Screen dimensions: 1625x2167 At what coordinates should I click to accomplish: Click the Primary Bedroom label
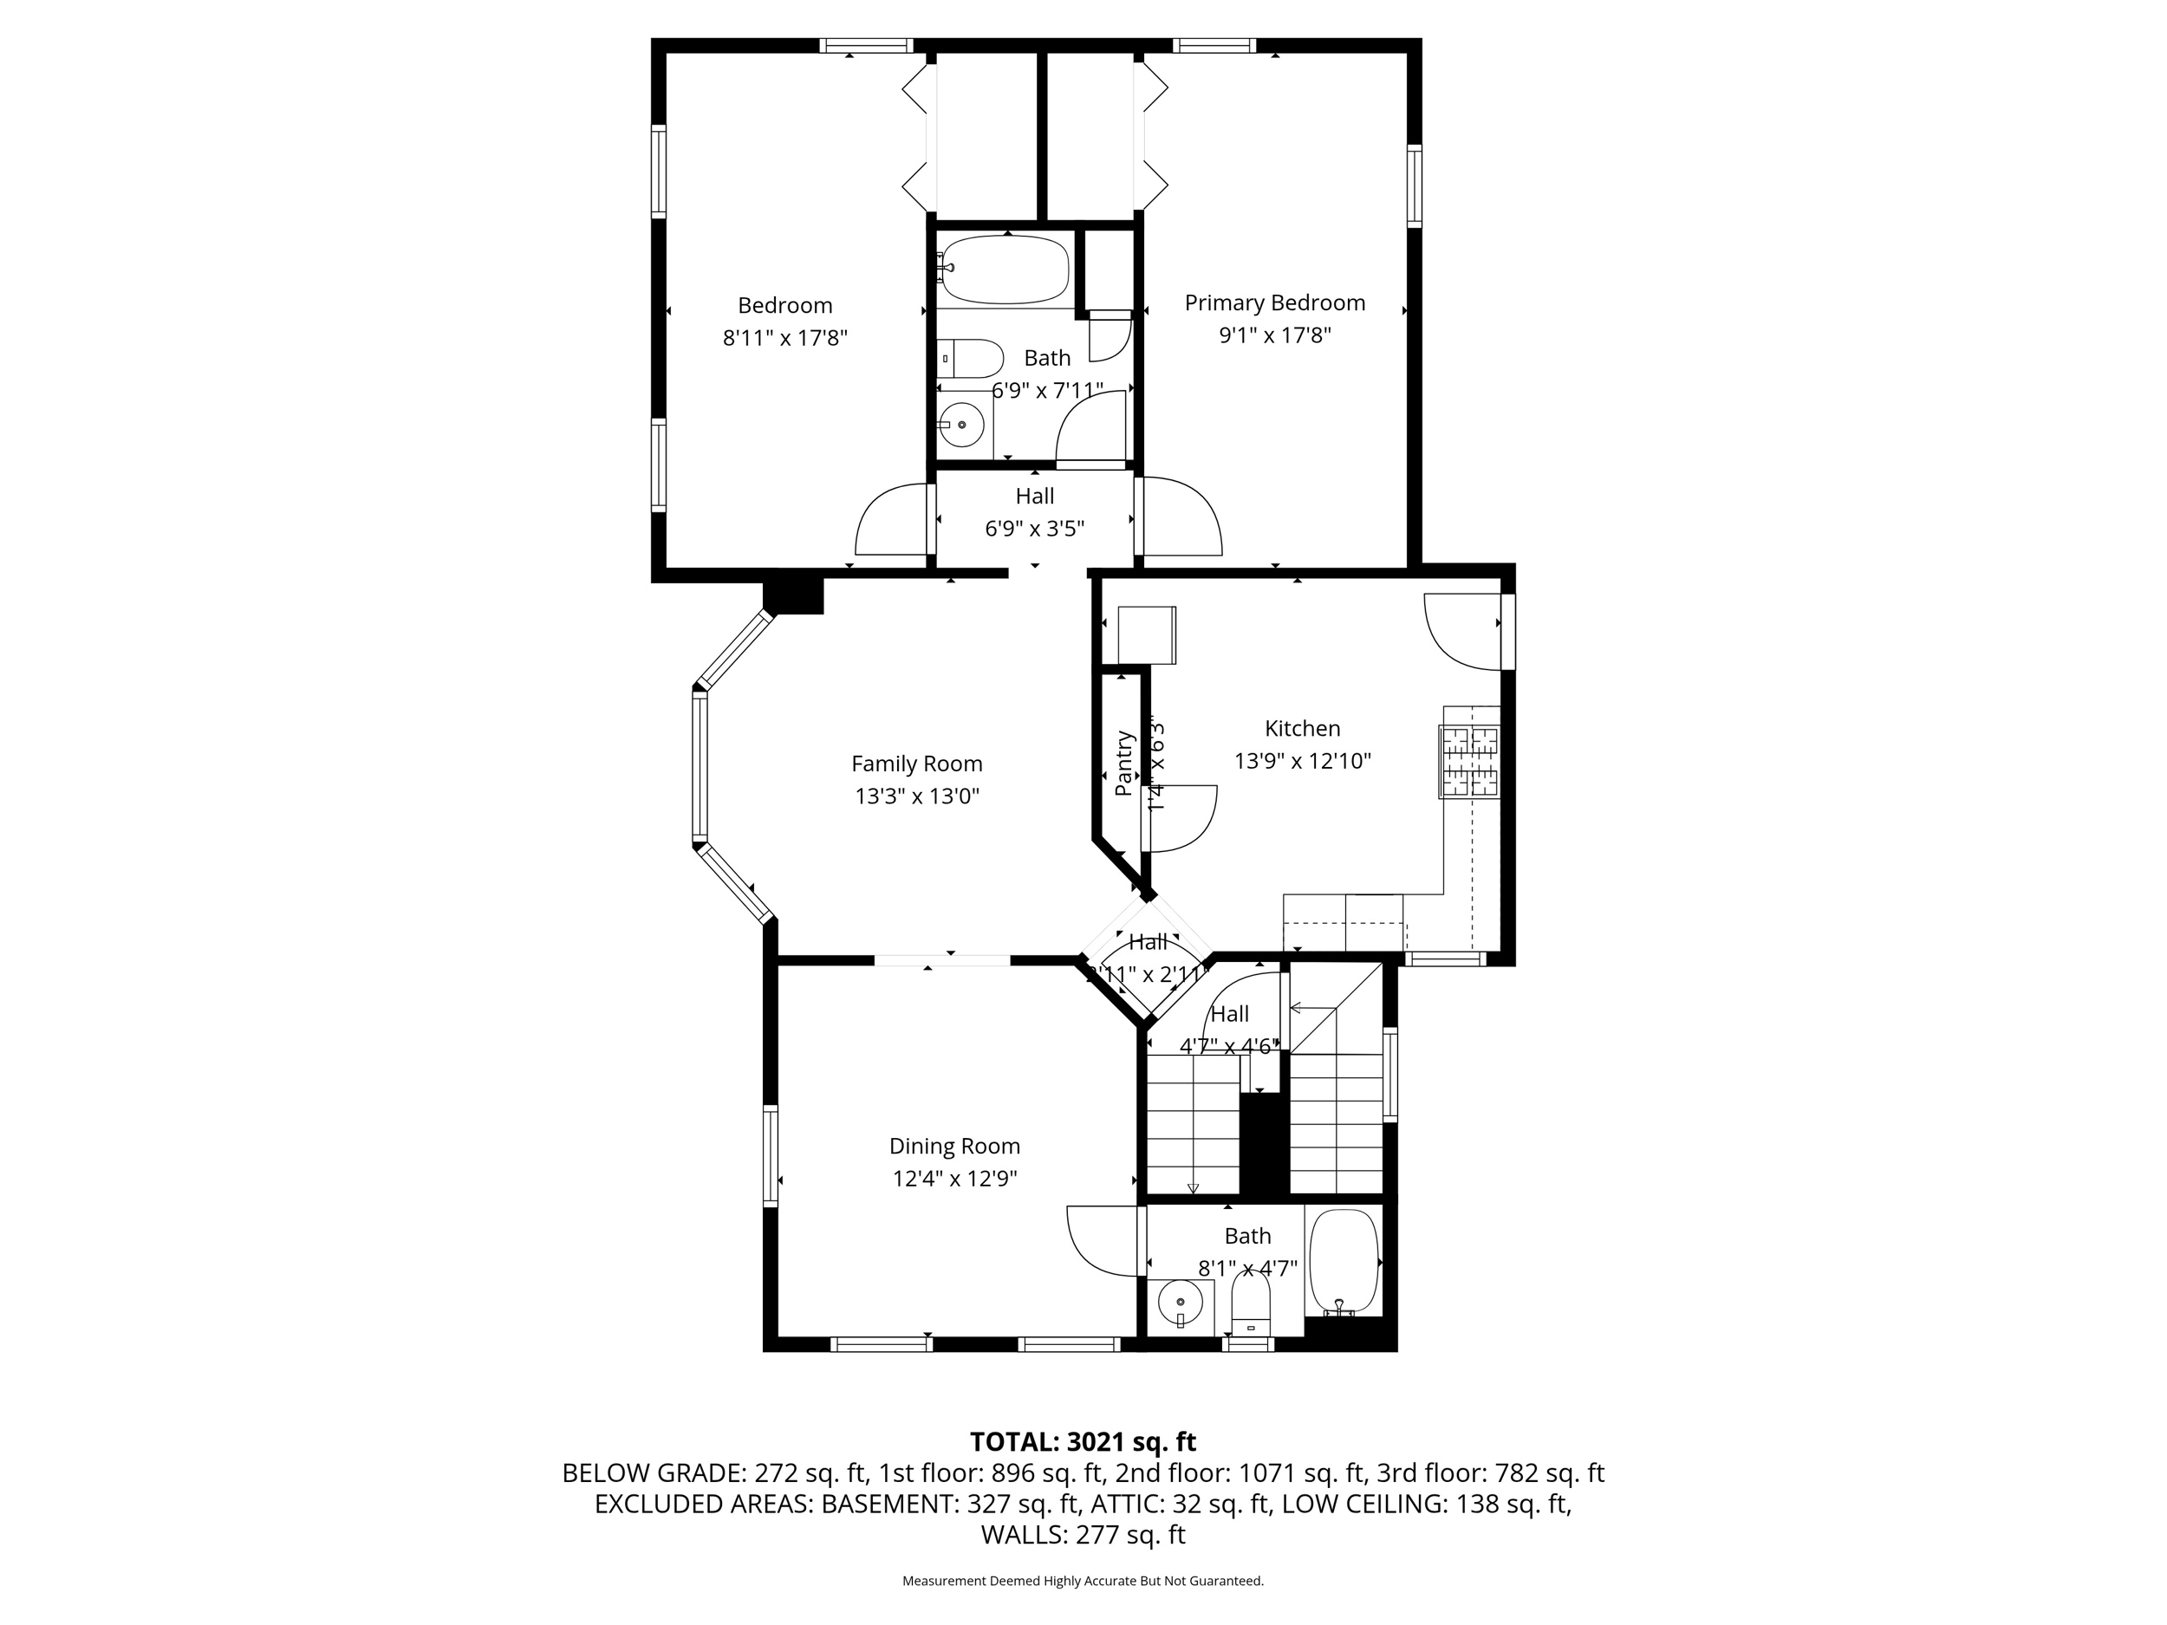1274,302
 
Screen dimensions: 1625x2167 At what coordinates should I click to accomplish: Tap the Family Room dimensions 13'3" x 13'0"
917,796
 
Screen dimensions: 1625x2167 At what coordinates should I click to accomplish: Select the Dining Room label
954,1146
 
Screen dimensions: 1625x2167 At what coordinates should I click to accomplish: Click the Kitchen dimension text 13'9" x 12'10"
1302,761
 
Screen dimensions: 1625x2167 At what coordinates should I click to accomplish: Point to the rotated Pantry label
1123,763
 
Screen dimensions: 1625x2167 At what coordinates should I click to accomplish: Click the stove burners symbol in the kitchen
1469,760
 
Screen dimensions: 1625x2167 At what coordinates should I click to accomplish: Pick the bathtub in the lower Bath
1344,1263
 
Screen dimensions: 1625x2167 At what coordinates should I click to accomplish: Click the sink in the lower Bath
1181,1303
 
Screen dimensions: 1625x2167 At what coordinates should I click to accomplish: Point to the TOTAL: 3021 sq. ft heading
1083,1442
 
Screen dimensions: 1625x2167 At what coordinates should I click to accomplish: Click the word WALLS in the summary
1023,1535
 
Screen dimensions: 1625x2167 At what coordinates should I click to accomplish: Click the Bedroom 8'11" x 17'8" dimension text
784,338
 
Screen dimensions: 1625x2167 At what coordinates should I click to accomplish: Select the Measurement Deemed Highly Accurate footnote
1083,1581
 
